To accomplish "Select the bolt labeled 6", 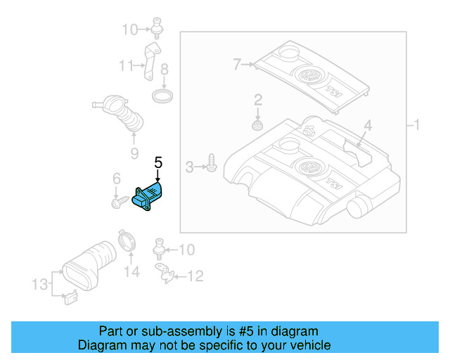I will click(117, 203).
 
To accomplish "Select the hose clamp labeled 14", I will click(127, 241).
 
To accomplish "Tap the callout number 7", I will click(238, 65).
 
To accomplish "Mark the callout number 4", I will click(366, 127).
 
